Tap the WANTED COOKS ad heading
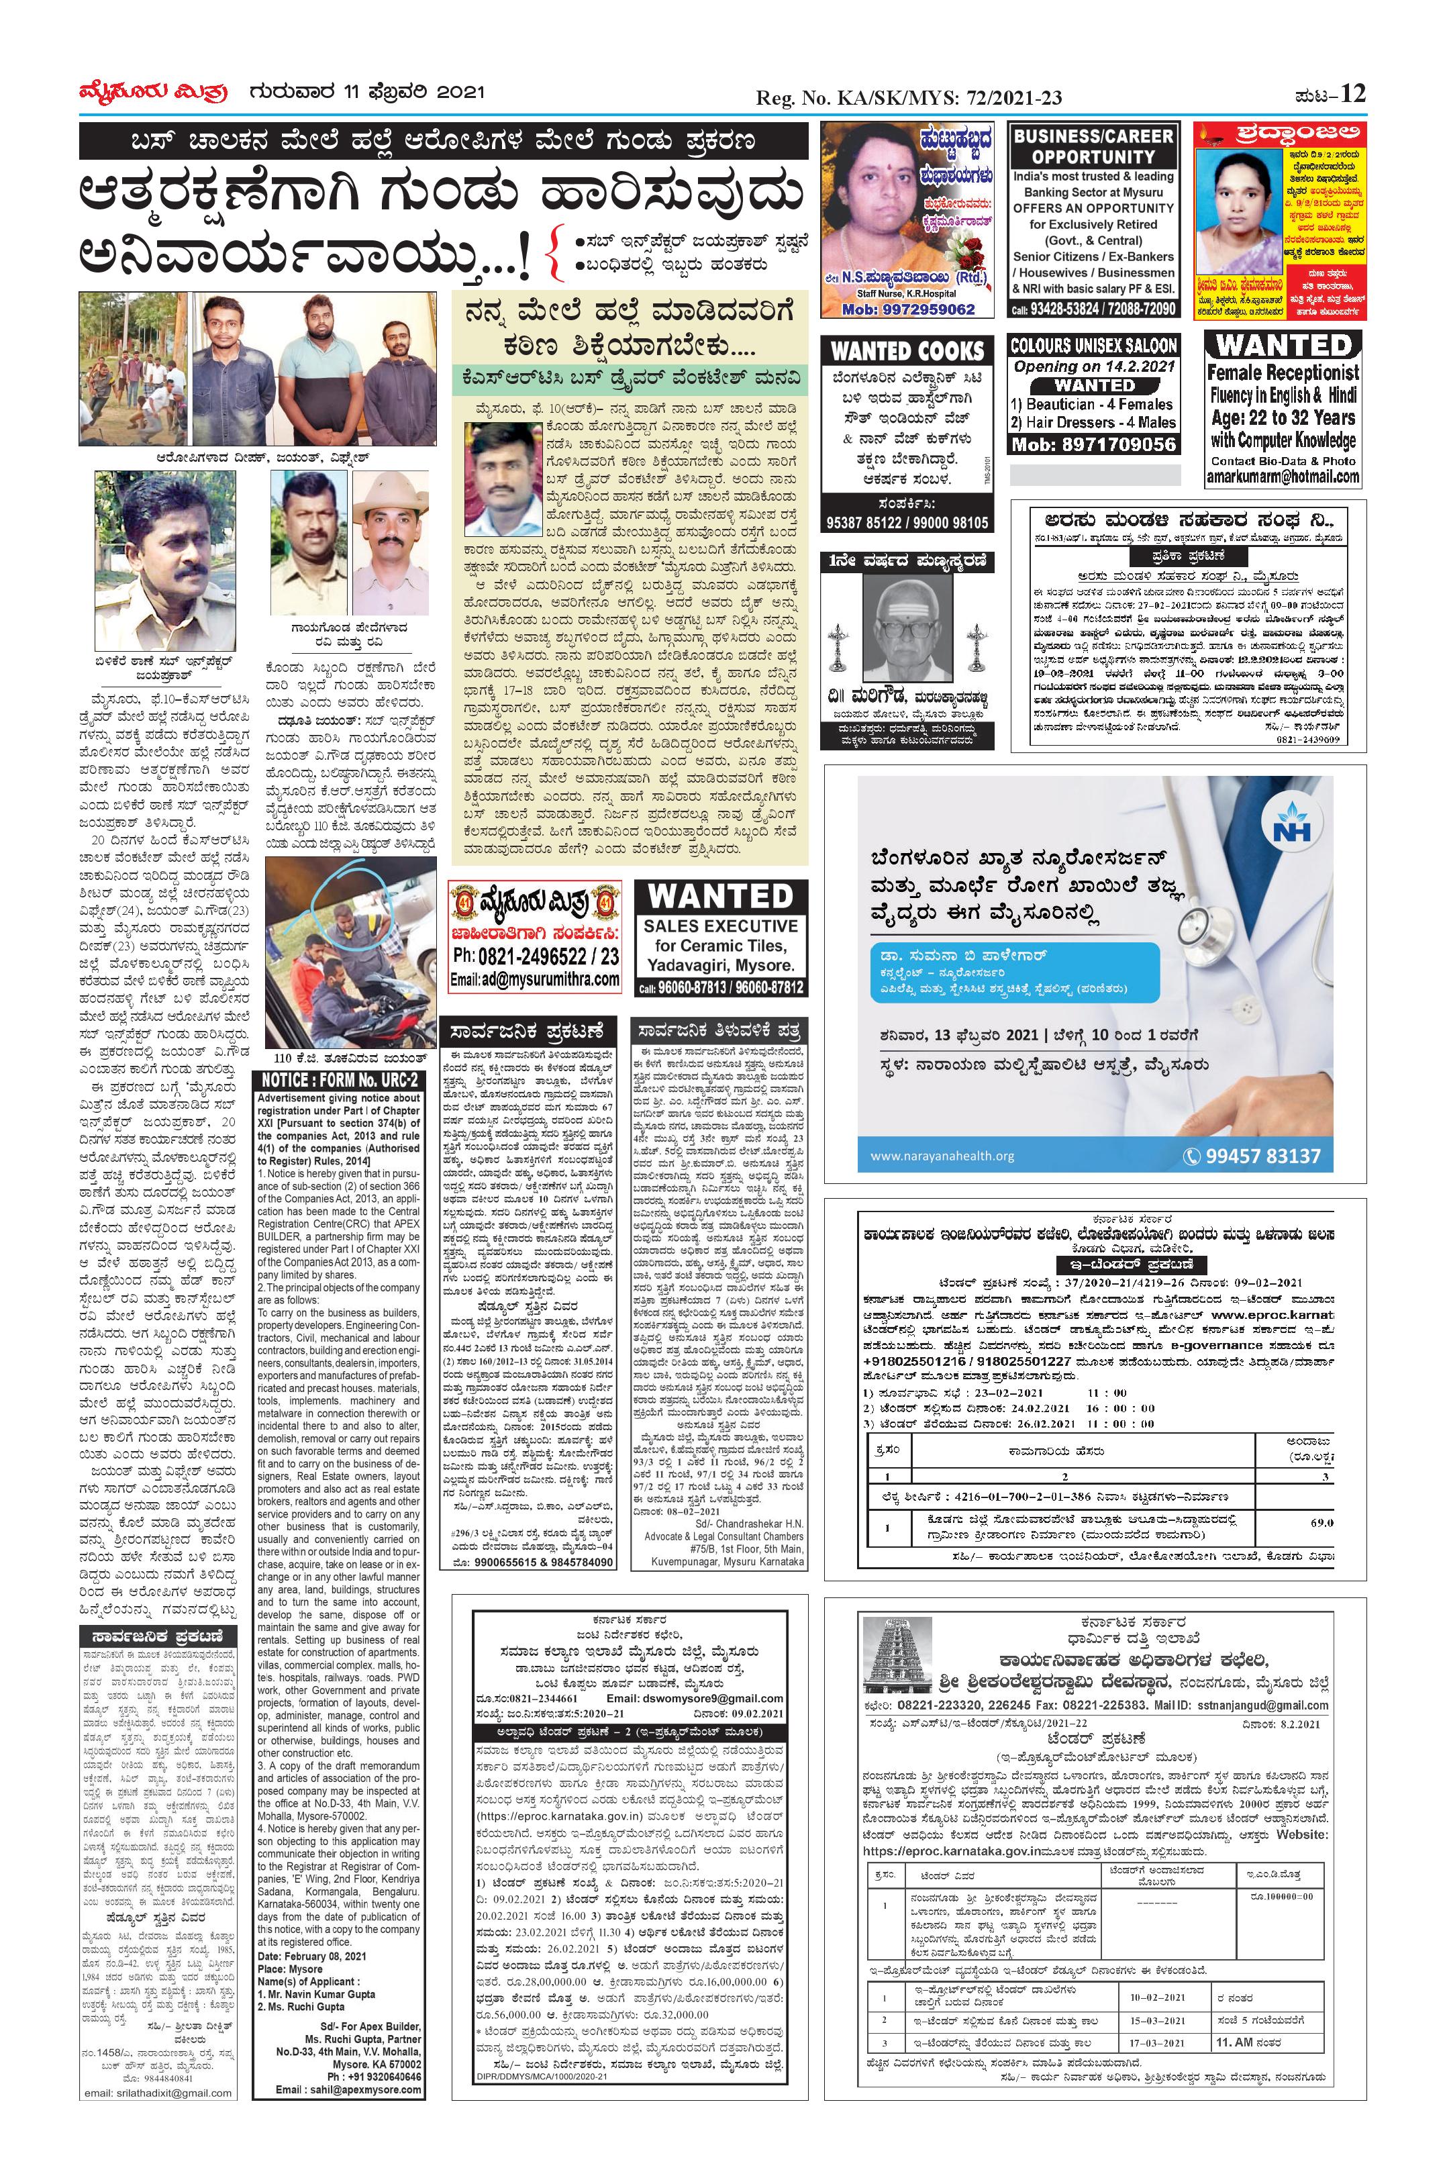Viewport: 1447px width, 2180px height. [908, 351]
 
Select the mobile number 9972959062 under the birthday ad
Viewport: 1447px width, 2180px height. [909, 309]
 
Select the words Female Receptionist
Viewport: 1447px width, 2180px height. [1283, 374]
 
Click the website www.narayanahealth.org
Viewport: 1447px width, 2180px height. [942, 1156]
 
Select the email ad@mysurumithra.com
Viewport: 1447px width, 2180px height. [536, 979]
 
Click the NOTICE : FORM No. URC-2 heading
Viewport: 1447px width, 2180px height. [340, 1080]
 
